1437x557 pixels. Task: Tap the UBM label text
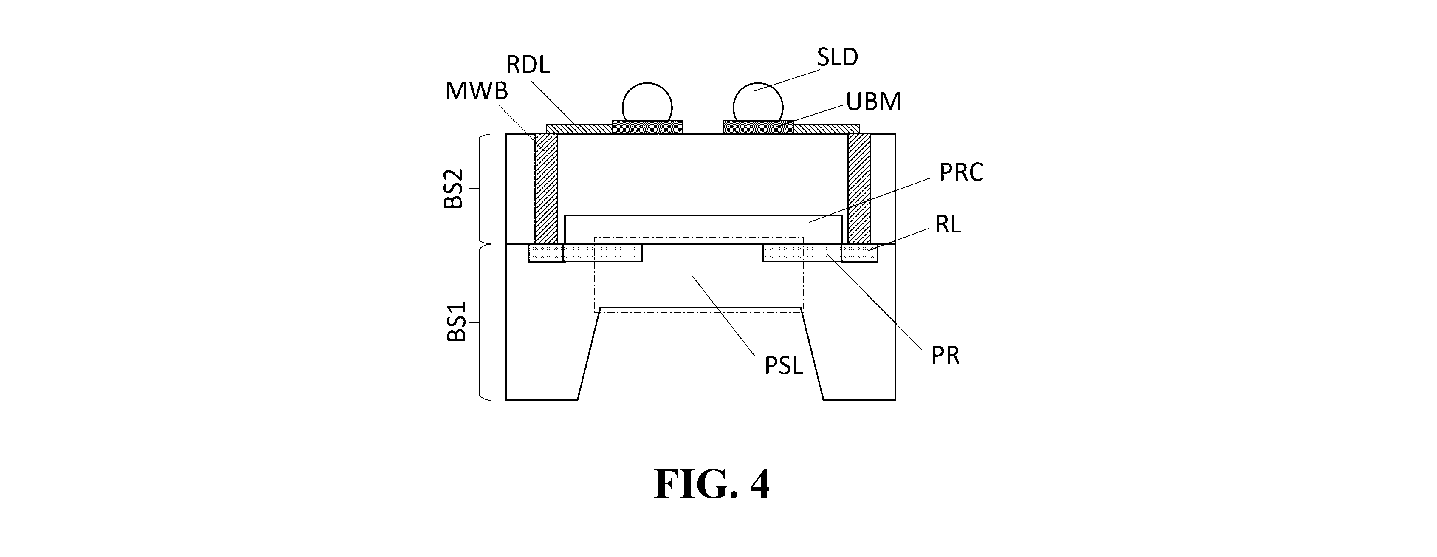(874, 102)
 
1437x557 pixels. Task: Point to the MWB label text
(477, 90)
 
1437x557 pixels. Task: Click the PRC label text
(961, 172)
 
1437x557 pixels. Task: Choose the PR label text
(946, 355)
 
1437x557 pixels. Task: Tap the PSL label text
(784, 365)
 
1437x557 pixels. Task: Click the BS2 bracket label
(454, 189)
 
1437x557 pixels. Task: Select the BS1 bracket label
(456, 322)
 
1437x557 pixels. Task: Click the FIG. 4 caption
(712, 484)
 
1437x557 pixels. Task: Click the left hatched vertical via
(546, 189)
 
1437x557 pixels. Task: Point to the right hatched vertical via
(859, 189)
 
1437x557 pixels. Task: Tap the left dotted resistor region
(602, 252)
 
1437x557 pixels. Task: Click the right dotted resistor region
(802, 252)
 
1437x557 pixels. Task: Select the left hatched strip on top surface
(579, 129)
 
